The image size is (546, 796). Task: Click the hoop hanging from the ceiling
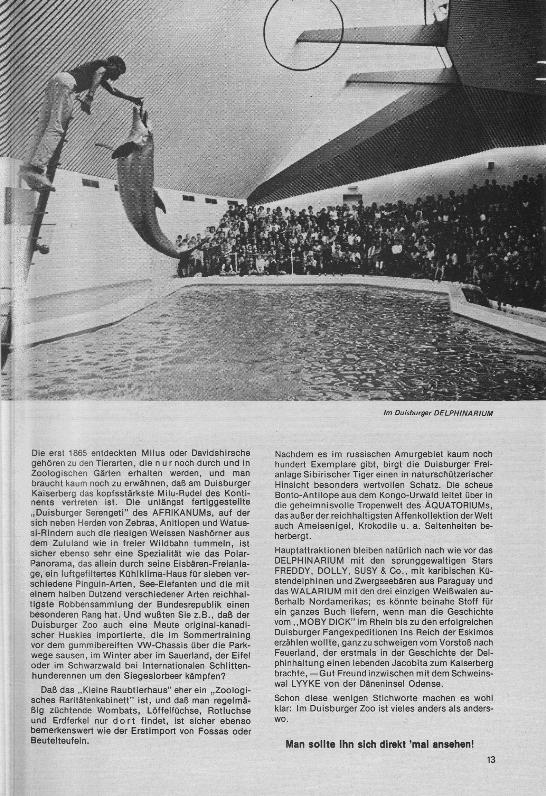coord(303,36)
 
